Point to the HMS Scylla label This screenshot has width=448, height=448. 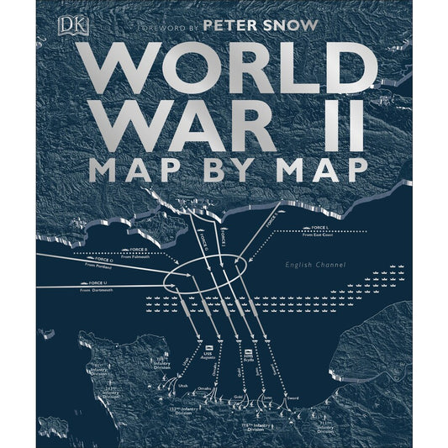click(x=249, y=354)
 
